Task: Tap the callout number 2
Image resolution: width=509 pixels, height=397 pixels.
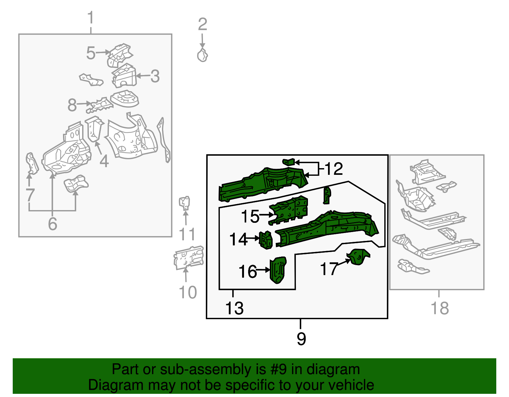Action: [202, 24]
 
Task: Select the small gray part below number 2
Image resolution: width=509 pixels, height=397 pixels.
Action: [202, 55]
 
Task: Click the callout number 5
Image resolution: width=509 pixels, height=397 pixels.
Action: [91, 53]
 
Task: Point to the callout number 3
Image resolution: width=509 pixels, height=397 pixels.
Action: [155, 76]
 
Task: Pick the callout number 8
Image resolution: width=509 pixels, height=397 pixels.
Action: [72, 105]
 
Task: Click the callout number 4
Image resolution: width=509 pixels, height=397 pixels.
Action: [104, 161]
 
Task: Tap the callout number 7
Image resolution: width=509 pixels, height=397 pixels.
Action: [30, 195]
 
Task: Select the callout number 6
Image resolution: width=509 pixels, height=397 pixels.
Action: [52, 224]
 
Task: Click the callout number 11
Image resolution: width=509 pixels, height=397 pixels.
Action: [187, 235]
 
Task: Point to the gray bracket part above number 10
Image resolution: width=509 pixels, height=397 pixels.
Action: [189, 257]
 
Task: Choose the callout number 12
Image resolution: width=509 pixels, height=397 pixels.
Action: [334, 169]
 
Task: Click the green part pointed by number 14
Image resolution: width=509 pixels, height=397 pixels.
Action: [266, 240]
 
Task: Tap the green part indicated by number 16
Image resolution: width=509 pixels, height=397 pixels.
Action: [278, 270]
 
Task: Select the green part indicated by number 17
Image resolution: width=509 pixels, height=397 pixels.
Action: [359, 257]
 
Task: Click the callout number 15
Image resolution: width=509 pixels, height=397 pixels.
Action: [250, 216]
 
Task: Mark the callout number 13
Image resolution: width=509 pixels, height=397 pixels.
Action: [234, 308]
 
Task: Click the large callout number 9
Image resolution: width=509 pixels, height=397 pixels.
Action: [301, 339]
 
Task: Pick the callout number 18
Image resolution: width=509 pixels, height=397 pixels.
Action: [439, 308]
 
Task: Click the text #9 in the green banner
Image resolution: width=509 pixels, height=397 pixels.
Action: [279, 370]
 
